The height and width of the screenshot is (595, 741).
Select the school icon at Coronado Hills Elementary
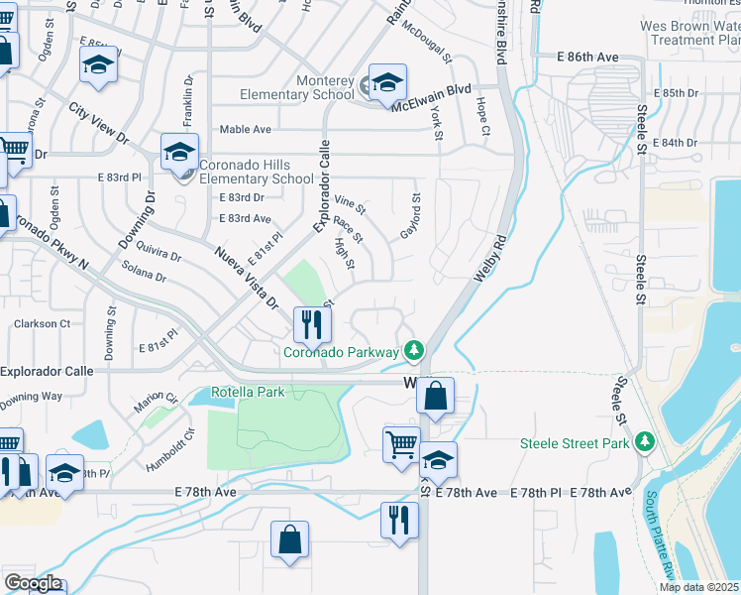point(179,152)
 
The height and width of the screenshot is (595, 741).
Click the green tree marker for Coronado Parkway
point(414,350)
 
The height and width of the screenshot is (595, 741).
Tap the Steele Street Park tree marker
point(646,441)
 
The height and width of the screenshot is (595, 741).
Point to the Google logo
point(32,582)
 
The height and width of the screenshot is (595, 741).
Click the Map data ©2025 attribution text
point(699,587)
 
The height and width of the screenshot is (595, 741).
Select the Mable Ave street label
point(245,129)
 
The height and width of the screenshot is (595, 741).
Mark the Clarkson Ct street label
point(42,323)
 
